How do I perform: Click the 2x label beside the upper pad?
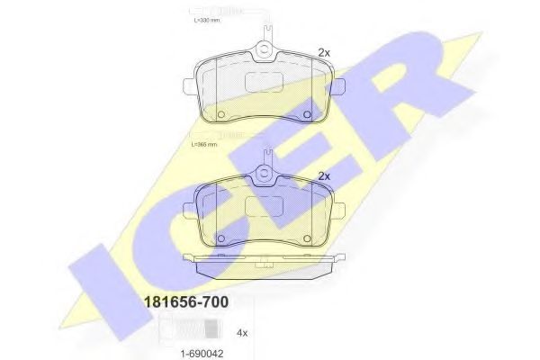click(x=325, y=51)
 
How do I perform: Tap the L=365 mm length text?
click(x=207, y=143)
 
